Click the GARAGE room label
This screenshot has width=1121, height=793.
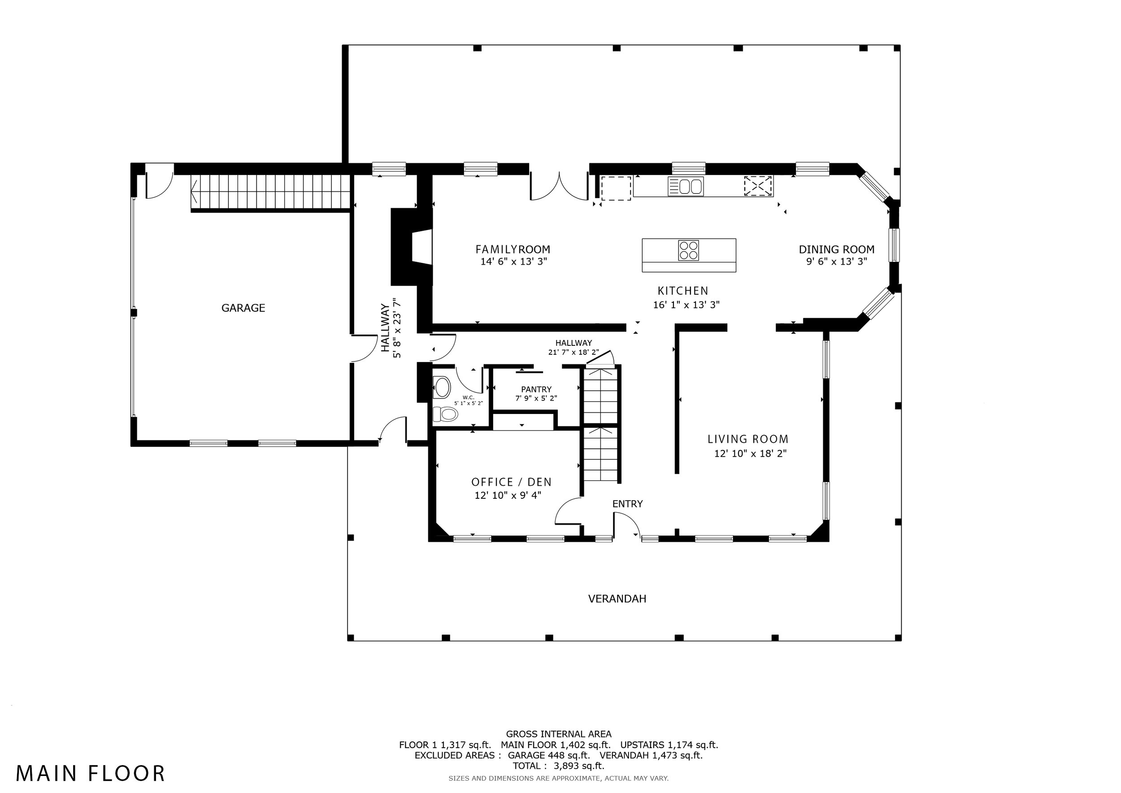(x=243, y=308)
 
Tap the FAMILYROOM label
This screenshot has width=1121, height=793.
(x=513, y=249)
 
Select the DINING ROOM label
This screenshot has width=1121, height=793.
(x=836, y=249)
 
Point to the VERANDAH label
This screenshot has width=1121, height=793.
(x=617, y=599)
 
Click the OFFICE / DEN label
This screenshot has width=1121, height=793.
(x=511, y=482)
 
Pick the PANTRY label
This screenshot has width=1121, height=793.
(x=536, y=389)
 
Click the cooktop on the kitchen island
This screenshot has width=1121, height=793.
(x=688, y=250)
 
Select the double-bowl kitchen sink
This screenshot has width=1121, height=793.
(x=686, y=187)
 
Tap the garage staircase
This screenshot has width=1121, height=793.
(x=270, y=192)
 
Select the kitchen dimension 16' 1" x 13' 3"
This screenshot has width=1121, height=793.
(x=686, y=305)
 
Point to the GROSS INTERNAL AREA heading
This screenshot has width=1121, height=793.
(x=559, y=734)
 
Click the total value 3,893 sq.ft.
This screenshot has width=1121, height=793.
(x=579, y=766)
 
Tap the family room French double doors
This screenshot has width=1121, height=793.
(x=560, y=186)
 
